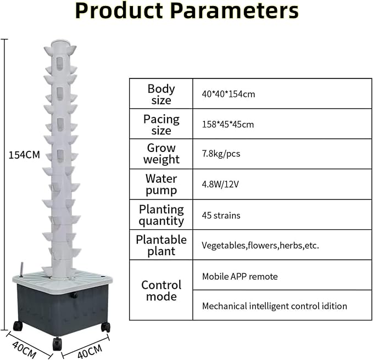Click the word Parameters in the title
[235, 11]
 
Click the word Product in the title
[119, 11]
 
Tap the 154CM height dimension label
[24, 155]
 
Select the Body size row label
[162, 94]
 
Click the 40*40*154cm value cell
[229, 94]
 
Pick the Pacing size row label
[162, 125]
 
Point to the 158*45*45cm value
[228, 125]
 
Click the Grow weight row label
[162, 154]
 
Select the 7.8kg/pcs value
[221, 154]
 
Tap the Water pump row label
[162, 184]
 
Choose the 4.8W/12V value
[220, 184]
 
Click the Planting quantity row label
[162, 215]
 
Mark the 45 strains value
[221, 216]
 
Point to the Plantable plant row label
[162, 245]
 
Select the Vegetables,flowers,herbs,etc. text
[260, 245]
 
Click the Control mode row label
[162, 291]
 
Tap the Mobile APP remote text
[240, 277]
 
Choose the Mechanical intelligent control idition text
[275, 306]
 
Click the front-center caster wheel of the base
[57, 344]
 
